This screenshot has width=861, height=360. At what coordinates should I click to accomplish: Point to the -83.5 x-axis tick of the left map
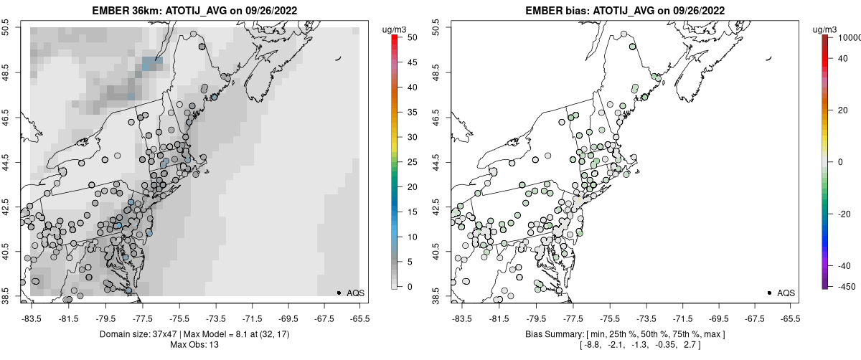(31, 318)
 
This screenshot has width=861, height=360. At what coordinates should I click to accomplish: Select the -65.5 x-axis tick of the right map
(790, 318)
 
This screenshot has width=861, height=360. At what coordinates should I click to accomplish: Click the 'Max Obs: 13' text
(194, 345)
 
